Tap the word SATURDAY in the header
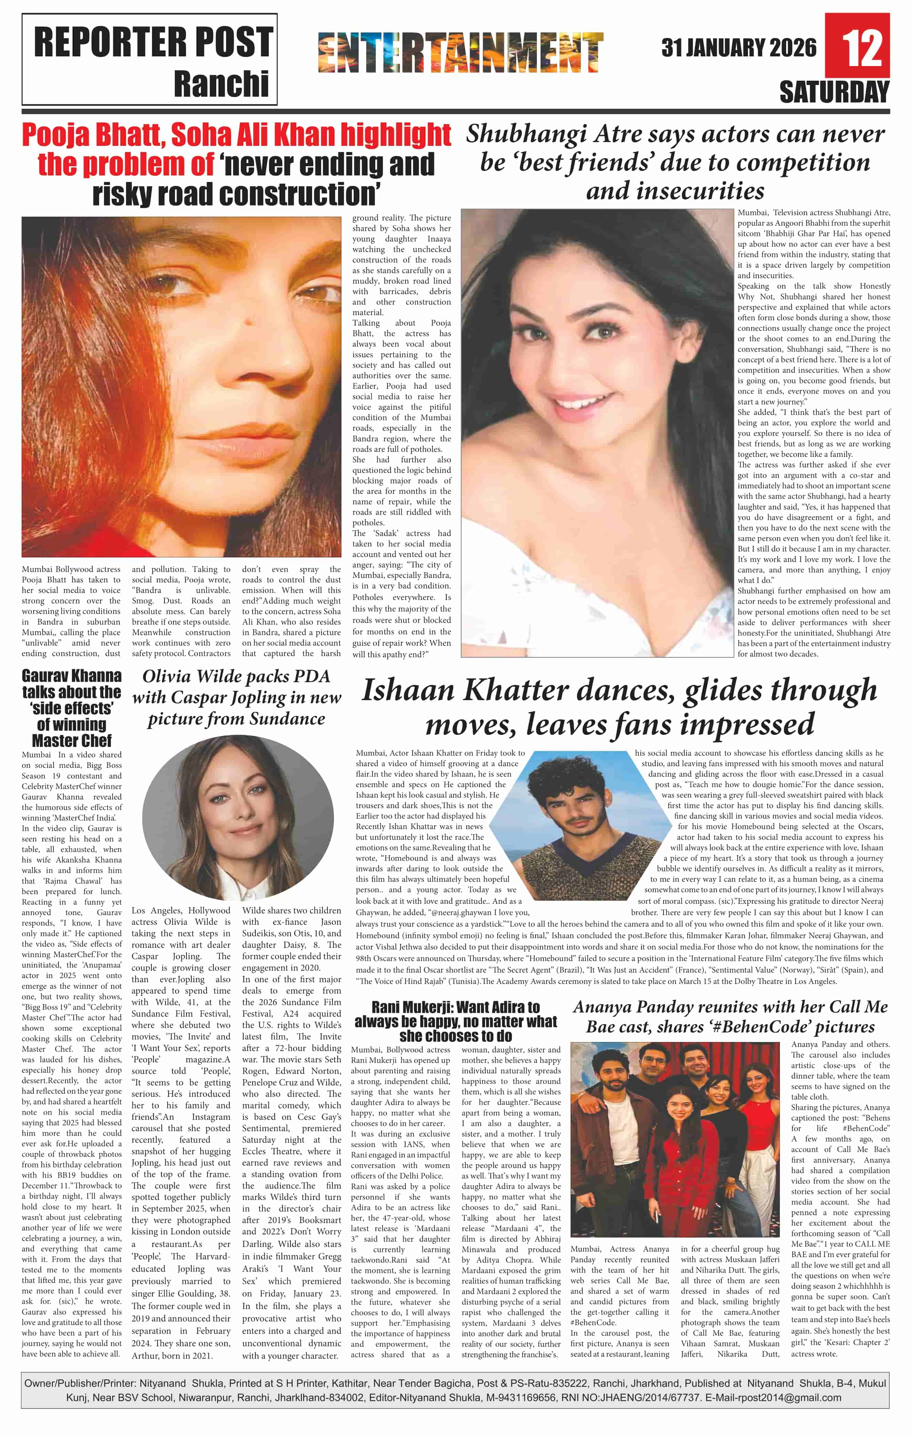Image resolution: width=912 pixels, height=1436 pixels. click(834, 93)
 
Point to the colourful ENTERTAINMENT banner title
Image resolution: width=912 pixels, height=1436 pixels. click(460, 53)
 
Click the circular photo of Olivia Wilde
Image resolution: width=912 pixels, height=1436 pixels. click(237, 817)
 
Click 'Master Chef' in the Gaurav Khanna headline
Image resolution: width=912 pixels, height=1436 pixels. click(72, 741)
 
